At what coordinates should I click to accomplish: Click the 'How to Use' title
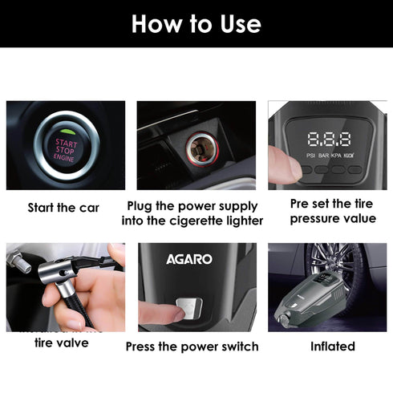click(196, 23)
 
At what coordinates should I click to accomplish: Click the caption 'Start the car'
click(64, 208)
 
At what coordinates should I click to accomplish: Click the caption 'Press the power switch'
click(192, 346)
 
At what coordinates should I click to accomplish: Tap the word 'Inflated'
click(332, 346)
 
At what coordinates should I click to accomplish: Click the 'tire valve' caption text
click(62, 343)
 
